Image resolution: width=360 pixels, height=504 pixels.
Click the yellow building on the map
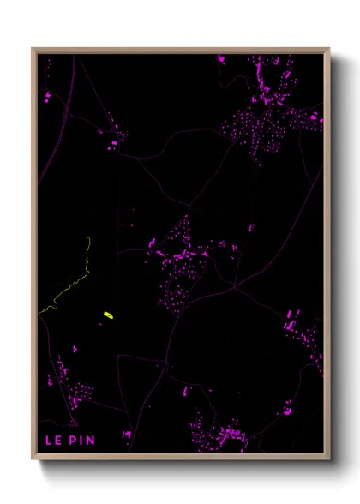coord(109,316)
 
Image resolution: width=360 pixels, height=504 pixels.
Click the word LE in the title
coord(52,441)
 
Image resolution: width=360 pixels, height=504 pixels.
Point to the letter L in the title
coord(48,441)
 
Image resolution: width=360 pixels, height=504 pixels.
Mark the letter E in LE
coord(57,441)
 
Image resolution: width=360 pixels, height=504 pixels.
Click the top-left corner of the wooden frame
coord(33,49)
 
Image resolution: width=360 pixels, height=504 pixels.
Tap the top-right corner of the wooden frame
coord(329,49)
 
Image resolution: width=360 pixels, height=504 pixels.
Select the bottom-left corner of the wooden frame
coord(33,459)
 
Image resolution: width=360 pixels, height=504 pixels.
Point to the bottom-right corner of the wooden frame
coord(329,459)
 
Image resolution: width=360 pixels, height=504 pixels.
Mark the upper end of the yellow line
coord(89,239)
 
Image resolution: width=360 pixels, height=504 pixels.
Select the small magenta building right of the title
coord(126,436)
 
